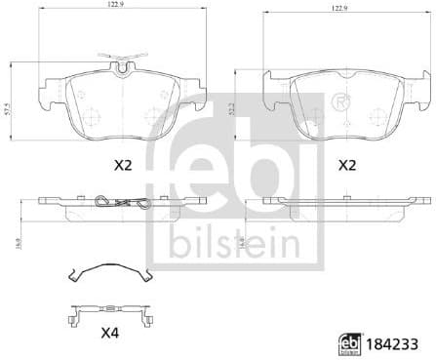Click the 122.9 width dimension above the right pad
pos(340,8)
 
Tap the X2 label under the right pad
pos(346,167)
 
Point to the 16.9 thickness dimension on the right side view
pos(242,233)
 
